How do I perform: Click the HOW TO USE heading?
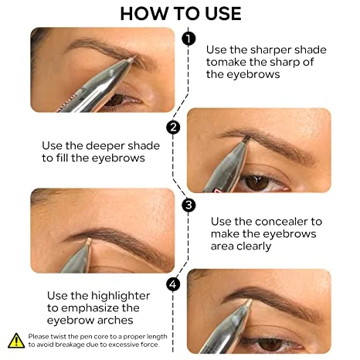click(180, 13)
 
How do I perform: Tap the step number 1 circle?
click(188, 38)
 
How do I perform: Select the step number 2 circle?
click(173, 127)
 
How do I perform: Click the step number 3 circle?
click(188, 205)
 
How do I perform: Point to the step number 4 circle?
click(173, 284)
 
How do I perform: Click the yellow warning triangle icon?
click(15, 340)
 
